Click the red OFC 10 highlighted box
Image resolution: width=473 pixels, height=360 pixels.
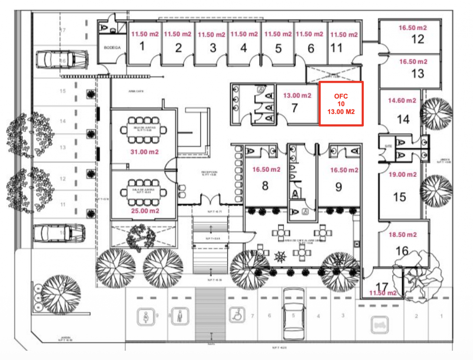pos(341,104)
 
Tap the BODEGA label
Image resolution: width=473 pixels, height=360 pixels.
pos(112,48)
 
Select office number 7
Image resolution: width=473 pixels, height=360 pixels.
pos(295,108)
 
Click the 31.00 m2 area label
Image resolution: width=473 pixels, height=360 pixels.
pos(144,152)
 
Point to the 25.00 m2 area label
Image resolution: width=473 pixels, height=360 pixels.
pos(145,211)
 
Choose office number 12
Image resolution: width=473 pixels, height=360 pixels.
pos(418,39)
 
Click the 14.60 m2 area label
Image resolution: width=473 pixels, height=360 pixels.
pos(402,100)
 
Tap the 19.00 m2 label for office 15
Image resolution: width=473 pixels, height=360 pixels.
pos(402,174)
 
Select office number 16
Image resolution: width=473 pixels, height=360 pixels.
pos(402,251)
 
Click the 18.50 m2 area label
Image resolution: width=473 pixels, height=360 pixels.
pos(402,234)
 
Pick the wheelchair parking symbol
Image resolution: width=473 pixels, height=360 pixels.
pos(237,315)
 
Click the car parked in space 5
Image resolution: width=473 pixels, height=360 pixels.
pos(294,314)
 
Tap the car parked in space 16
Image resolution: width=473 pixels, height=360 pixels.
pos(62,59)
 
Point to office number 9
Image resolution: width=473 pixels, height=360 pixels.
pos(338,187)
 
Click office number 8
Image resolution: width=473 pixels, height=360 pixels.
pos(265,185)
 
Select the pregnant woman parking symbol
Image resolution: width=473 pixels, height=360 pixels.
pos(146,317)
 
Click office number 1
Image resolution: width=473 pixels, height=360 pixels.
pos(142,46)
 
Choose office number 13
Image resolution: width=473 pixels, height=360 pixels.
pos(418,73)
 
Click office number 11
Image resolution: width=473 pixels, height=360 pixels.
pos(336,48)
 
